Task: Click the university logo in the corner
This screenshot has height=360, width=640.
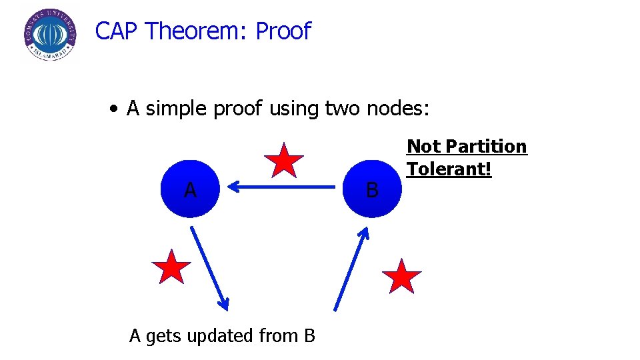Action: [x=49, y=34]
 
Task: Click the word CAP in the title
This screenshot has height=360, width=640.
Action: [x=117, y=31]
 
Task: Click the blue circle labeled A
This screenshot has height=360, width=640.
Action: [x=190, y=189]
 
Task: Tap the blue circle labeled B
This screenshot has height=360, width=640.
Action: [x=372, y=189]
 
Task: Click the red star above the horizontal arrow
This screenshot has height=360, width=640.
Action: [x=284, y=161]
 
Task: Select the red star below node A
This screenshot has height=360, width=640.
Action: [x=171, y=267]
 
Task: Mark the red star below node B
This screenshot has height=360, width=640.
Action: [x=402, y=276]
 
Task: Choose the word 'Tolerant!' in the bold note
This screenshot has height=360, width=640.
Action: [x=449, y=169]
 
